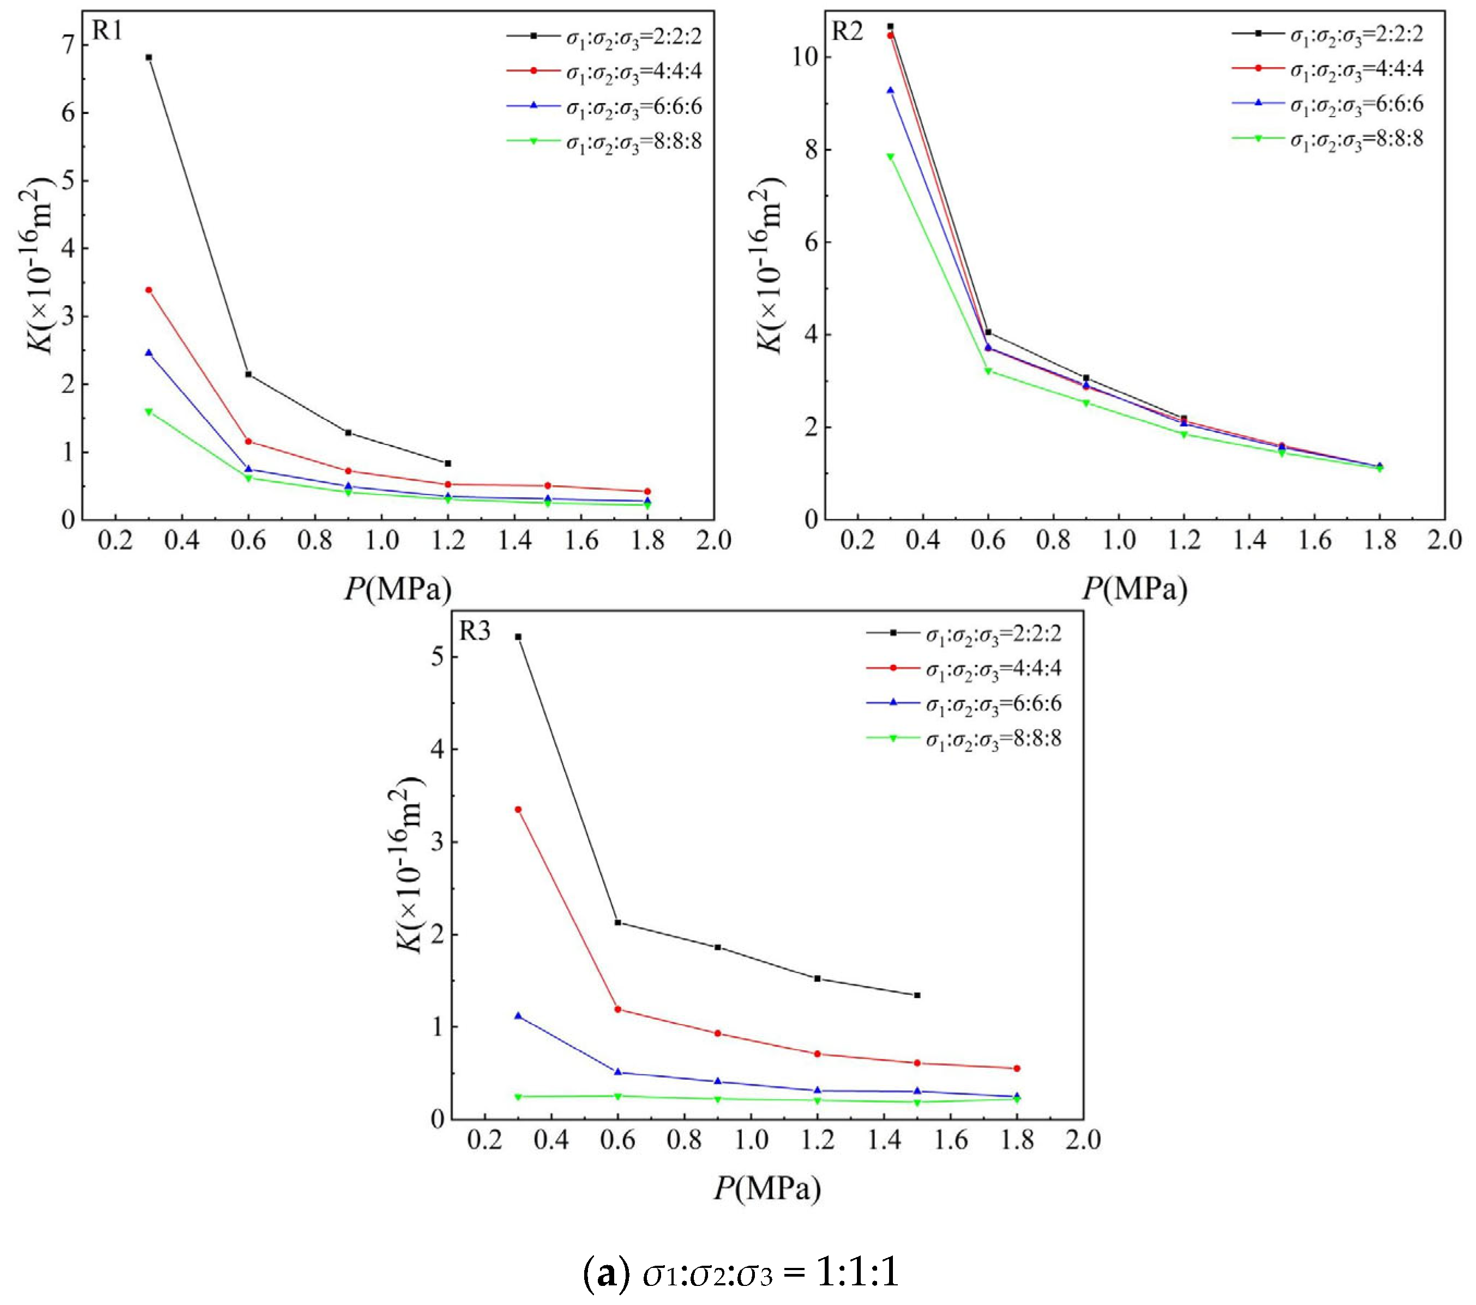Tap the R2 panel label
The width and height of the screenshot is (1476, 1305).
[848, 32]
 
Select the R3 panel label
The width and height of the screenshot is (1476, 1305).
[475, 632]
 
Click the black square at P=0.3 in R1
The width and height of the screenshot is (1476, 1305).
[149, 57]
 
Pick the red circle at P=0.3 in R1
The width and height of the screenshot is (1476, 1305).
[149, 290]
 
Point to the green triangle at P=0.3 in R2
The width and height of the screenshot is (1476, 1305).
[890, 157]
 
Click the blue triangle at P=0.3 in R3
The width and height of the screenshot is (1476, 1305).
[518, 1015]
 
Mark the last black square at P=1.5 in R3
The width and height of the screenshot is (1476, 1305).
[917, 995]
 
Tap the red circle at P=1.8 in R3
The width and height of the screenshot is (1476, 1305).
[1017, 1068]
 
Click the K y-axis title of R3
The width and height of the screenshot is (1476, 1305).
[410, 865]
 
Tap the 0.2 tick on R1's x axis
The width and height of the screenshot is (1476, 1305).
[116, 540]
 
